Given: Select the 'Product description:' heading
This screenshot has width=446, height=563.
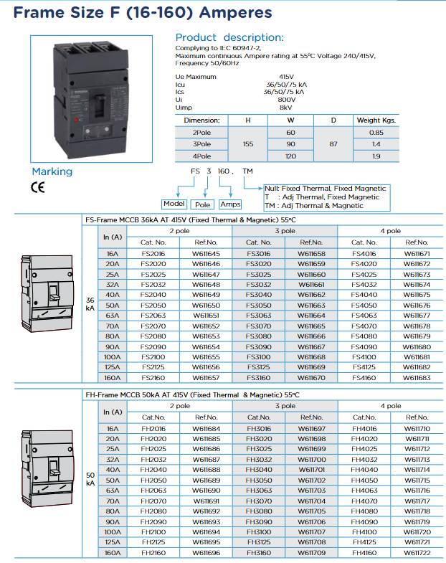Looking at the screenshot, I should pos(229,37).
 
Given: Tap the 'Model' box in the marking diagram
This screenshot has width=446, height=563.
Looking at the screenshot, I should pos(174,204).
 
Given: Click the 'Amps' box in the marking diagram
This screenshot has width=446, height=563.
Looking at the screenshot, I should pos(230,204).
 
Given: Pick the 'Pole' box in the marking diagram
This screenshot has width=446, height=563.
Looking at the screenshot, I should pos(203,204).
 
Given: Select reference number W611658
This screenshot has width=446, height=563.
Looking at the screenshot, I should pos(312,254).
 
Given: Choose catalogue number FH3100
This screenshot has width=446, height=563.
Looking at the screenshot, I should pos(259,532).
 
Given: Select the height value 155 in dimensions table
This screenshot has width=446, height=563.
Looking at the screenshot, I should pos(248,144).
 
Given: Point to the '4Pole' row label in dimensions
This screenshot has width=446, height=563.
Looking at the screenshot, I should pos(201,156).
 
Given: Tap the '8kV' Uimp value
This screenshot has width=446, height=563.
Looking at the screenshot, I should pos(285,107).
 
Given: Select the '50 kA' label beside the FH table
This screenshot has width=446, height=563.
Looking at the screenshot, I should pos(90,479).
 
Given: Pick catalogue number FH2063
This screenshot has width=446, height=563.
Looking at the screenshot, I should pos(153,491).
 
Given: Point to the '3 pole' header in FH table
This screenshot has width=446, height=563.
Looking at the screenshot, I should pos(285,406).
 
